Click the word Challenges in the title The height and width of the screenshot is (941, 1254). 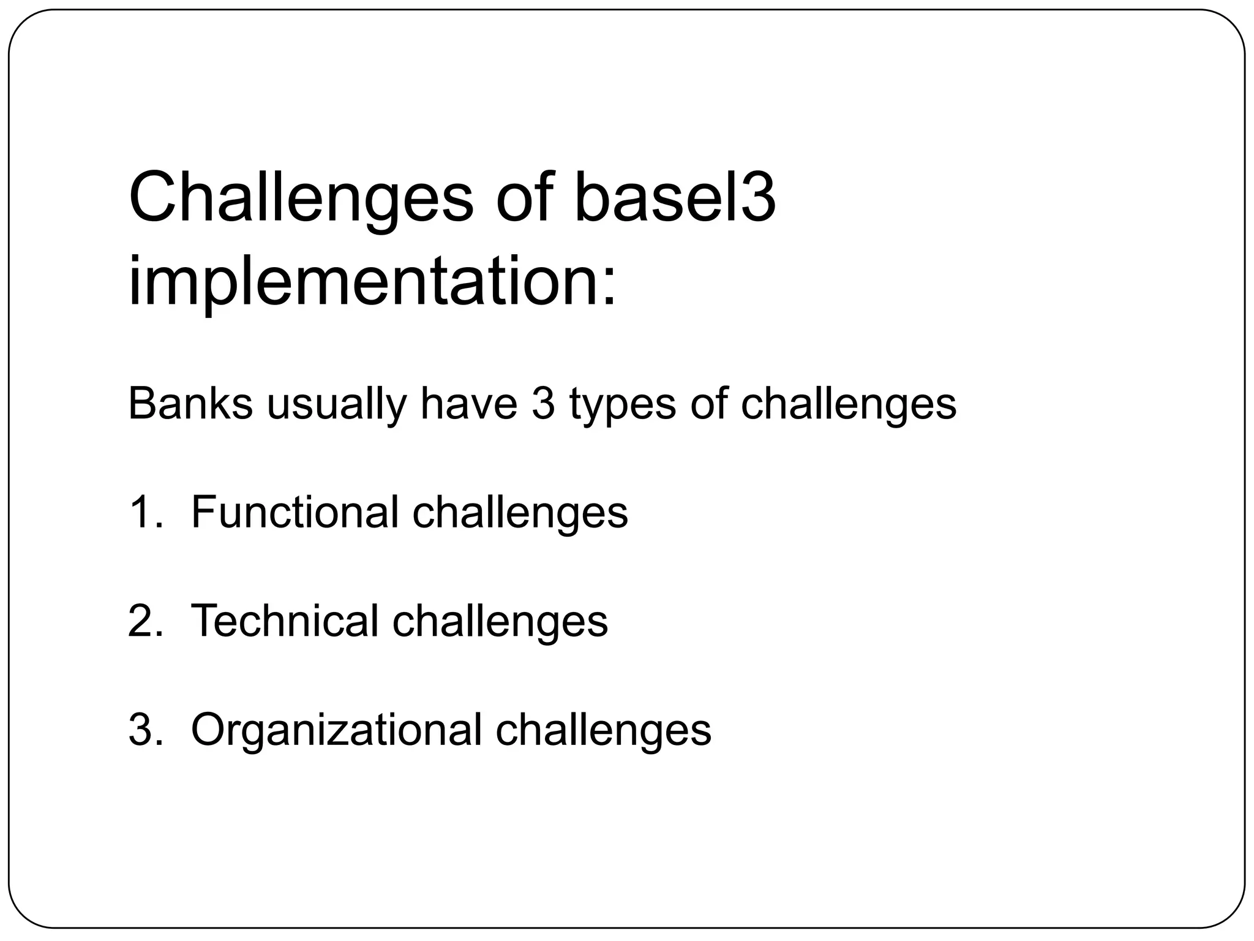301,200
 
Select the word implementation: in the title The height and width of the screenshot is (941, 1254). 372,283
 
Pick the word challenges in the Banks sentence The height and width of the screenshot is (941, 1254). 848,405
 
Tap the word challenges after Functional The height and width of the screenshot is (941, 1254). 520,513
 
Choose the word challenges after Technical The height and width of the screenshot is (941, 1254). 500,621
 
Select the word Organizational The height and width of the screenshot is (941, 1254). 336,730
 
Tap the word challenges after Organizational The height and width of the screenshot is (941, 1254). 603,730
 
